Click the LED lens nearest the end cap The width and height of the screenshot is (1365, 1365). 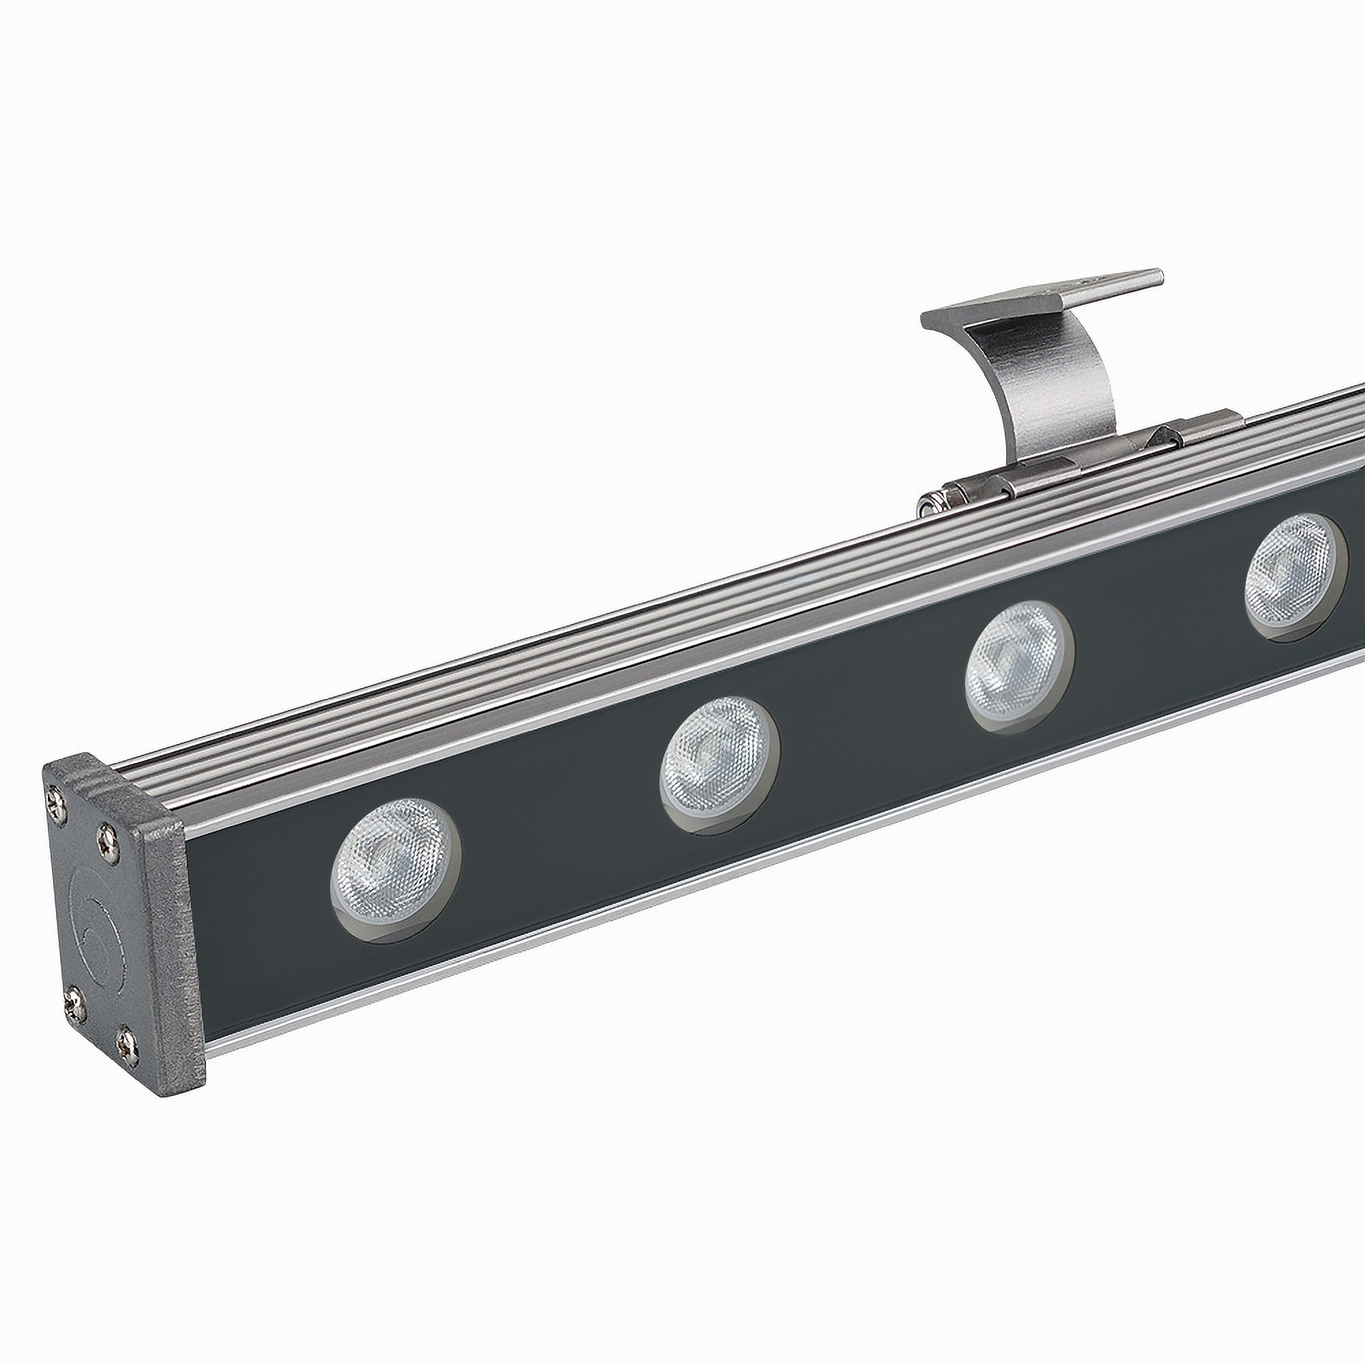tap(395, 870)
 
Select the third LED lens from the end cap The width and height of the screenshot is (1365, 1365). tap(1019, 667)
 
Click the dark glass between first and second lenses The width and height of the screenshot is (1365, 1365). tap(558, 827)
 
